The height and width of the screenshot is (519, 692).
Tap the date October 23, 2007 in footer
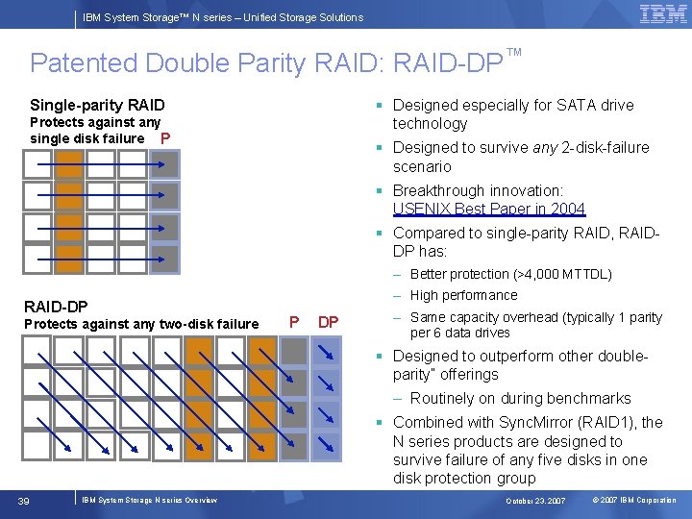pos(536,501)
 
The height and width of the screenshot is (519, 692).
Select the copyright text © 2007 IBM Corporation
pos(634,501)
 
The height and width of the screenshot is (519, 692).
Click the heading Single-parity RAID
pos(97,105)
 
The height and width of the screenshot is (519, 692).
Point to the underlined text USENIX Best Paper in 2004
pos(488,209)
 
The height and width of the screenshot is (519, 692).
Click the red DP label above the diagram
pos(328,322)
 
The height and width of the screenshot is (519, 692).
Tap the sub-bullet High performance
pos(463,295)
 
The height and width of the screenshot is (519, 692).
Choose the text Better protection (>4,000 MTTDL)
pos(510,274)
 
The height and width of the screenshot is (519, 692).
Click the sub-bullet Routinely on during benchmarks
pos(520,398)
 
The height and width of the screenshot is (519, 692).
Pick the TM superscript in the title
pos(513,51)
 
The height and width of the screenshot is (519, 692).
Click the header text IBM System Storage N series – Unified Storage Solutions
pos(223,17)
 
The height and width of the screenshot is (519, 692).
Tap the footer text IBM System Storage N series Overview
pos(149,500)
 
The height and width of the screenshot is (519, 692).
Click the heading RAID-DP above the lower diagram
pos(56,306)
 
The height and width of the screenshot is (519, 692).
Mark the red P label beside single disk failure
pos(165,138)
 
